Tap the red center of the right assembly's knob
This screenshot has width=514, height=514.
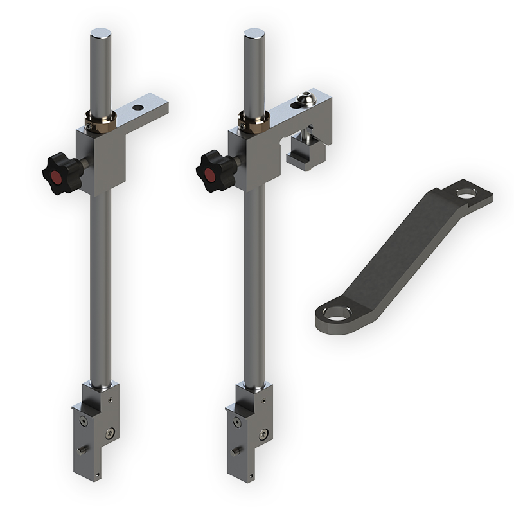point(208,175)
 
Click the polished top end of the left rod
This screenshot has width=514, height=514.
point(100,31)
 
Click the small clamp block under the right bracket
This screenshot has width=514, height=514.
point(305,155)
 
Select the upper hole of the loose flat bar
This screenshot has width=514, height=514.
point(465,191)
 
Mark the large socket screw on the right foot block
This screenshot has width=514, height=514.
point(263,433)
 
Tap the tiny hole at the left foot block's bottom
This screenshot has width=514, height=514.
point(98,475)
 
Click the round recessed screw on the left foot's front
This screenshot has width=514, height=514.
point(84,421)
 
